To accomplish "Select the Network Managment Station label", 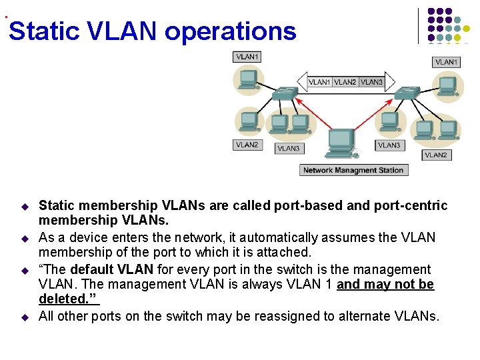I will (x=353, y=170).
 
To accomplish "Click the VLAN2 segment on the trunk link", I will (x=345, y=82).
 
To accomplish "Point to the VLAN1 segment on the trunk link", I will (x=319, y=82).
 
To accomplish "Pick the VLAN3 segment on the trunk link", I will (x=371, y=82).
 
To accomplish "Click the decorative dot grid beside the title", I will (x=448, y=25).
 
